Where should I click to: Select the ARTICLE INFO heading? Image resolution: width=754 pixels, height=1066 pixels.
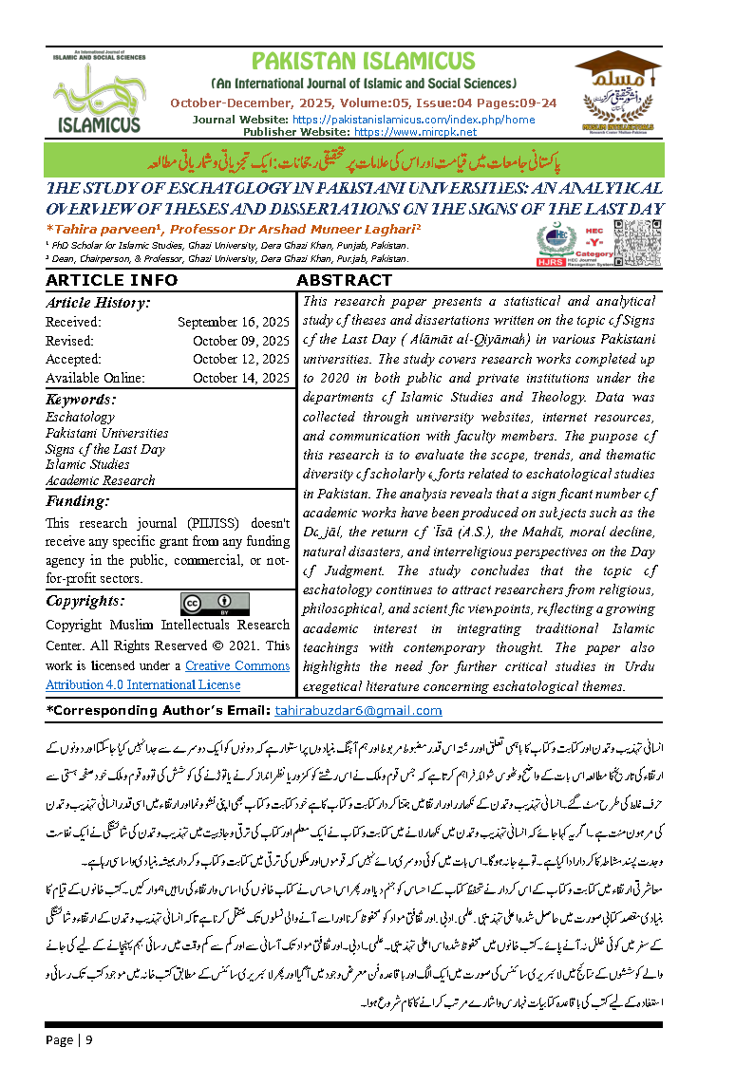(x=111, y=280)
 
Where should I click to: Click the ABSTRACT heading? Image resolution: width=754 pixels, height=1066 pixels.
(x=344, y=280)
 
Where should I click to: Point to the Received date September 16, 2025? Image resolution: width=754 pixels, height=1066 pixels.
(x=233, y=322)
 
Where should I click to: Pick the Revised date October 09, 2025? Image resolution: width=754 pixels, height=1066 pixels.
(x=240, y=341)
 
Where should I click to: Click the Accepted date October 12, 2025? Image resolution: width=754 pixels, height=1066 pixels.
(x=240, y=359)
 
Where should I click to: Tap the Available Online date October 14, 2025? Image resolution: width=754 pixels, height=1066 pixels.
(x=240, y=378)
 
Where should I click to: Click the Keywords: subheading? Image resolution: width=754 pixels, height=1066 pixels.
(x=81, y=400)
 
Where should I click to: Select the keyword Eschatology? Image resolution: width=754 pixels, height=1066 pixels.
(x=80, y=417)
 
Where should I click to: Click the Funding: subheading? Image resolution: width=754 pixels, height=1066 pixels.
(x=78, y=501)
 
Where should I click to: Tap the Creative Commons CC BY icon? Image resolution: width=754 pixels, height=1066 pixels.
(x=215, y=604)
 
